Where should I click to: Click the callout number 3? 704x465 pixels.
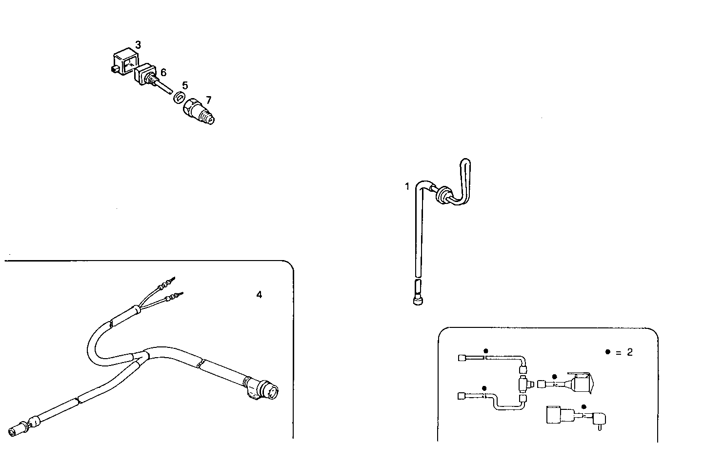(138, 45)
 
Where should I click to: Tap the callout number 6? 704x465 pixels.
(163, 72)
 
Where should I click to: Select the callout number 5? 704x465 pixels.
(185, 86)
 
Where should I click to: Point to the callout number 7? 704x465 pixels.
(208, 100)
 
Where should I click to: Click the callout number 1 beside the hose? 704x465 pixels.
(407, 186)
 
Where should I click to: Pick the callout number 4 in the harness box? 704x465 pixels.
(259, 295)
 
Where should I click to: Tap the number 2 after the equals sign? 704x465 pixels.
(629, 352)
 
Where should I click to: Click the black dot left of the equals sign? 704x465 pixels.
(607, 352)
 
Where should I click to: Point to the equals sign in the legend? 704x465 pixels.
(618, 352)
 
